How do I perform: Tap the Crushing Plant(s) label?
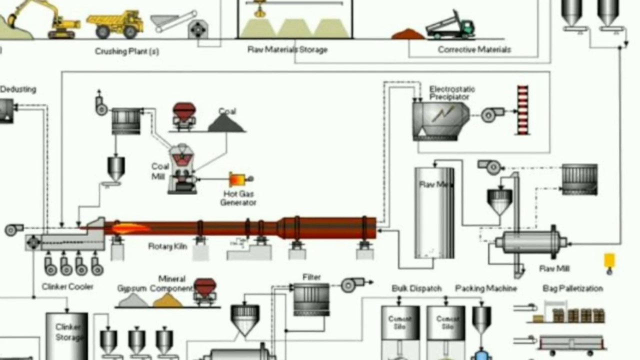coord(127,51)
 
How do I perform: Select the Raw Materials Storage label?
coord(287,49)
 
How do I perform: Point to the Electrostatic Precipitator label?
coord(452,92)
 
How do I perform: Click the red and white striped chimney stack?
coord(522,110)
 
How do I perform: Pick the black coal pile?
coord(226,123)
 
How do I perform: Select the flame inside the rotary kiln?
coord(129,228)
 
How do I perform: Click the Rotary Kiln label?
coord(167,246)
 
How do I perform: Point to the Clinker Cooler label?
coord(67,286)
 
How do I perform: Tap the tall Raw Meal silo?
coord(434,212)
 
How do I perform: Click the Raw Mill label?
coord(554,268)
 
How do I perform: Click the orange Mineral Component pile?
coord(167,300)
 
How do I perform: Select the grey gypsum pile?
coord(133,300)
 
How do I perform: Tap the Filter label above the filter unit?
coord(311,277)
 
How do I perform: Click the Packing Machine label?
coord(485,288)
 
